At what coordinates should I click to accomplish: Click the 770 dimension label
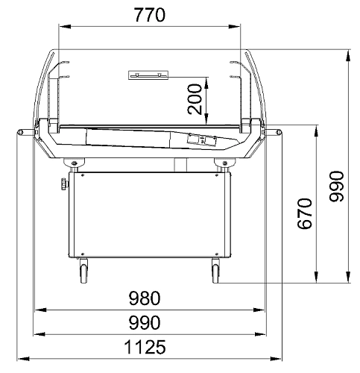point(150,15)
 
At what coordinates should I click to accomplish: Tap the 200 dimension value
point(195,99)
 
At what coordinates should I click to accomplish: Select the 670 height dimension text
point(304,213)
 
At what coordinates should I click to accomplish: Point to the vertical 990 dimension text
point(337,186)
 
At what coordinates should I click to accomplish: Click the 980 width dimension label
point(145,298)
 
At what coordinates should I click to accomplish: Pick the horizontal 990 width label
point(145,322)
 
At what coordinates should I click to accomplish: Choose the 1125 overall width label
point(145,347)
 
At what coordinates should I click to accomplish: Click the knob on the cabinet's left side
point(64,184)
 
